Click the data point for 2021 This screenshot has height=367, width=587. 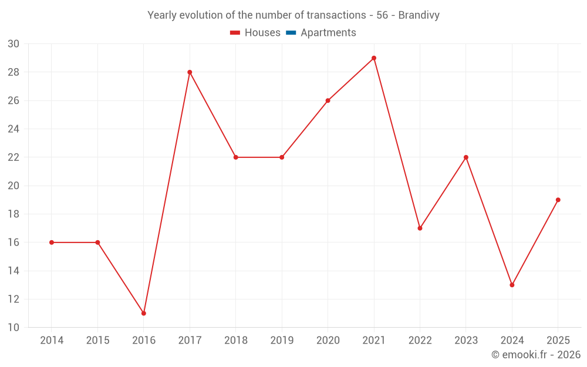(374, 58)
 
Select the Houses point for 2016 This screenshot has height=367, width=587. (144, 313)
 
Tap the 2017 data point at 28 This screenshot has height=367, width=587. (190, 72)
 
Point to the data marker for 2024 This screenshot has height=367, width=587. (512, 285)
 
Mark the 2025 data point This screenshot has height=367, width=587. (558, 200)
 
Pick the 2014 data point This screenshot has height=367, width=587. (52, 243)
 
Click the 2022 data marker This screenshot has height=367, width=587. (420, 228)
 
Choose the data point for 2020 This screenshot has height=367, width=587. (328, 101)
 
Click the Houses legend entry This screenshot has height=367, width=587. (255, 32)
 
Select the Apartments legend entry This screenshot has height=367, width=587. (321, 32)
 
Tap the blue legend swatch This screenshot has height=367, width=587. (291, 33)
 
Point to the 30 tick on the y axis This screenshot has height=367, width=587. (13, 44)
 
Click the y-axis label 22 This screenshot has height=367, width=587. (13, 157)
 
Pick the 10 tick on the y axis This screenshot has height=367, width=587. (13, 327)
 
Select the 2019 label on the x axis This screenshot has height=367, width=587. (282, 340)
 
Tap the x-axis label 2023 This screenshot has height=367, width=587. (466, 340)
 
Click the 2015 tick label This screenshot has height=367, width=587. (97, 340)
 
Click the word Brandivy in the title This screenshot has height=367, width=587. (419, 15)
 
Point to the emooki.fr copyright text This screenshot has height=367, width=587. (536, 354)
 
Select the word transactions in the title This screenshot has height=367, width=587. (336, 15)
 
